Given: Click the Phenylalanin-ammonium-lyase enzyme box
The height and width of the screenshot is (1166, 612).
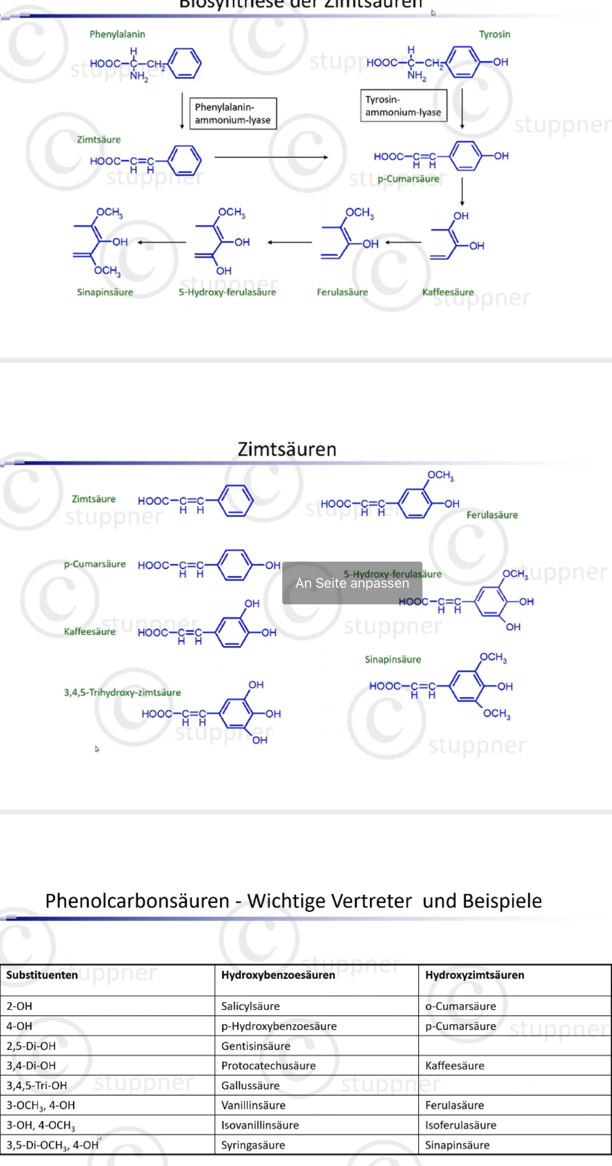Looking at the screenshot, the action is [233, 113].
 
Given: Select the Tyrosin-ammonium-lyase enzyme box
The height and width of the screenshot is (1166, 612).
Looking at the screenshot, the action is [403, 106].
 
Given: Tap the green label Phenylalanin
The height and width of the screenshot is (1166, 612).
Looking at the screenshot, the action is [117, 34].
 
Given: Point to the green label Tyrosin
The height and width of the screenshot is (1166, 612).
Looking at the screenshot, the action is [494, 34].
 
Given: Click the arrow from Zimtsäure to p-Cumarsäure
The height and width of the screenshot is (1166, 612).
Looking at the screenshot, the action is [271, 157].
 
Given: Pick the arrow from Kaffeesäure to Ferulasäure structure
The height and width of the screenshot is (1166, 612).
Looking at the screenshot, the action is [403, 242].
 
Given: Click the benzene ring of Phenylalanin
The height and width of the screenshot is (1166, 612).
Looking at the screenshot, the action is [184, 63].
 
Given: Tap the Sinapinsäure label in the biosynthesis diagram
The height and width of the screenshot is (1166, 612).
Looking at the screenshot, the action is [105, 292].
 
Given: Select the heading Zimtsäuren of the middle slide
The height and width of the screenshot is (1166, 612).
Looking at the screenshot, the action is [287, 449].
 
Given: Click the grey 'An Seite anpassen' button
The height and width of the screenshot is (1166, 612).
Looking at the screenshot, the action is [352, 583].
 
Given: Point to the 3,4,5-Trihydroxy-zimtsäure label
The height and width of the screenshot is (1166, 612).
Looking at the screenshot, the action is [122, 692].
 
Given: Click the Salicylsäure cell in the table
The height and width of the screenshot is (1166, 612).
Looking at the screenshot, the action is [250, 1006].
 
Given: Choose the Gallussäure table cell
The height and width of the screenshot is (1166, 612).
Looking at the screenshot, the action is [250, 1085].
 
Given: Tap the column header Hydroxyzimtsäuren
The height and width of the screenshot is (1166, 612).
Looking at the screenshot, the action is [474, 975].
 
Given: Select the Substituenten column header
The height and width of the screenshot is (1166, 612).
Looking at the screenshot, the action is [42, 975].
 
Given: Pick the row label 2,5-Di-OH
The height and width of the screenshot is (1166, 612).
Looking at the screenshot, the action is [31, 1046].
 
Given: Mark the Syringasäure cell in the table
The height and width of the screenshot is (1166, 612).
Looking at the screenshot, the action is [253, 1145].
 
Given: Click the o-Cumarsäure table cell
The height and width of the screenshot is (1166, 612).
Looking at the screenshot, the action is [461, 1006].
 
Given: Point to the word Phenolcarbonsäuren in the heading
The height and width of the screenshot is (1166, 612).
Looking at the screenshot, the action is [137, 901].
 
